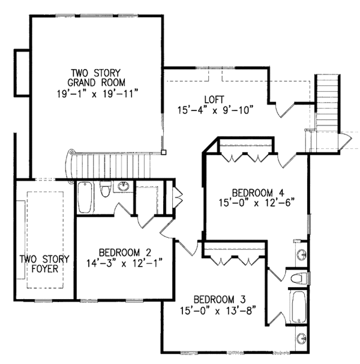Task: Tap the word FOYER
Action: (x=44, y=269)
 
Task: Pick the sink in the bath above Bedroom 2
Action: (x=123, y=187)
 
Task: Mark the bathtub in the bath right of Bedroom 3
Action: (x=298, y=308)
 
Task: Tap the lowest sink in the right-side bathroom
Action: (x=299, y=337)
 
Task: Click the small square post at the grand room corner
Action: (x=163, y=153)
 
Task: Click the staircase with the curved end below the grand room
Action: (x=112, y=164)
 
